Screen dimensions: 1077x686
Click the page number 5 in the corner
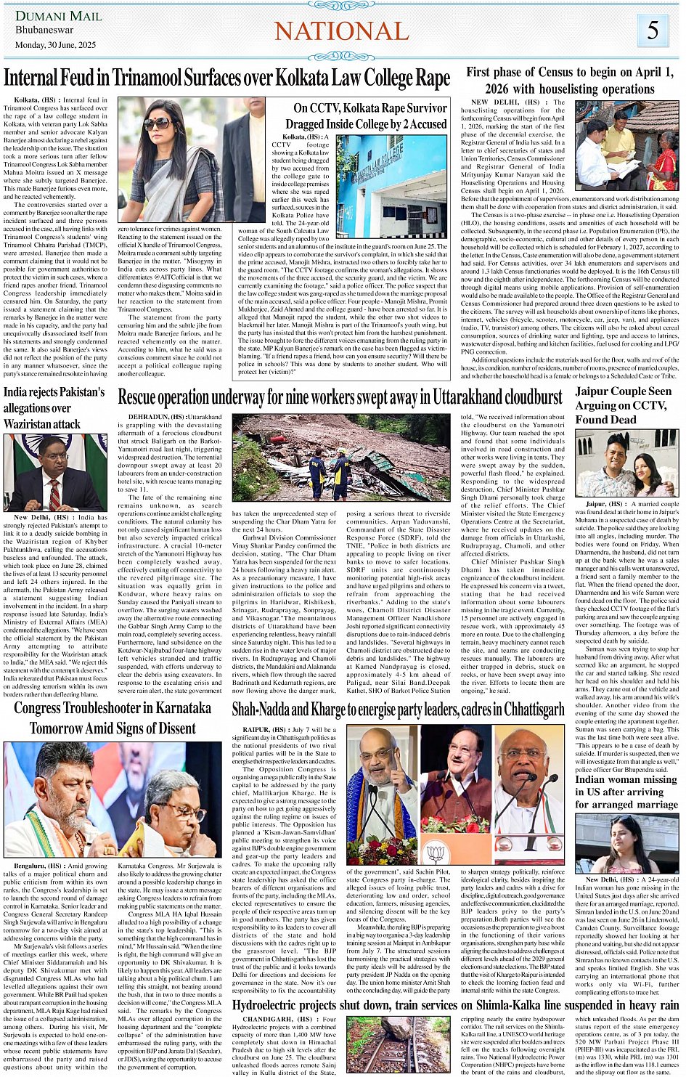point(653,30)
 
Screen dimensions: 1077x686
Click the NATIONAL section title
point(342,31)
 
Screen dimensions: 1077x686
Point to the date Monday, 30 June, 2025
point(55,45)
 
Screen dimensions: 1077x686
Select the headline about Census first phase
point(570,80)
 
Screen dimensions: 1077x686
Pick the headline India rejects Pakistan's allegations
point(54,407)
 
